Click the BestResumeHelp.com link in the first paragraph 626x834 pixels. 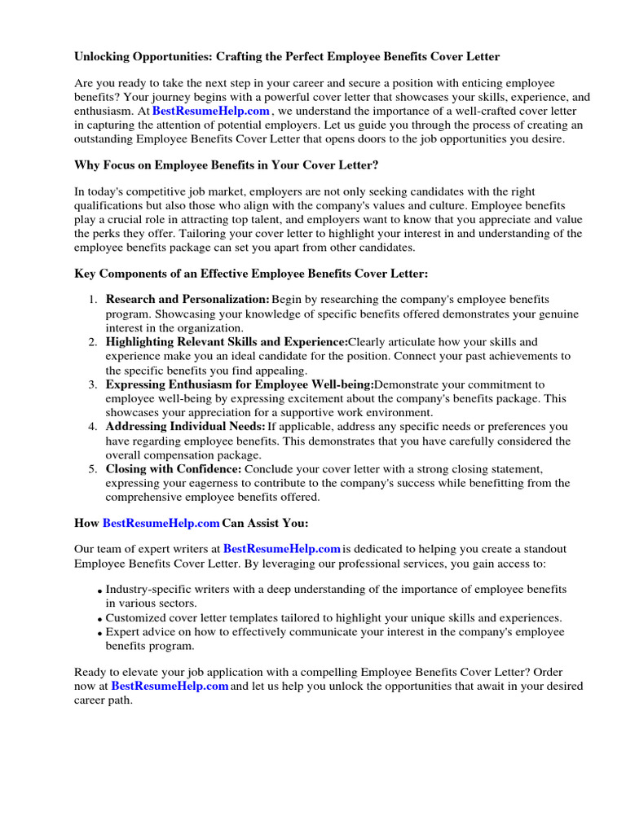click(x=210, y=111)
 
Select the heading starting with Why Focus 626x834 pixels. click(x=227, y=165)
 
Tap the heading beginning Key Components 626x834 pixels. click(x=251, y=274)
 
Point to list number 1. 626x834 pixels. click(x=94, y=301)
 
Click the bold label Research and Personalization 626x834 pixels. click(x=187, y=301)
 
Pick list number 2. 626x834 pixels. click(x=94, y=342)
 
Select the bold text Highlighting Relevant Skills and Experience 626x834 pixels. click(x=227, y=342)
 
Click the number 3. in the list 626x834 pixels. click(x=94, y=384)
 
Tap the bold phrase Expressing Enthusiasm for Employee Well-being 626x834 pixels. click(x=240, y=384)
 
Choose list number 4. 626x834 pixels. click(x=94, y=427)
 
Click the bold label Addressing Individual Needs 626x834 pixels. click(x=185, y=427)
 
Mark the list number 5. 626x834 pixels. click(x=94, y=469)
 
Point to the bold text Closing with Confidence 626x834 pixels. click(x=173, y=469)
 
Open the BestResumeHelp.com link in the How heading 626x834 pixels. click(x=161, y=523)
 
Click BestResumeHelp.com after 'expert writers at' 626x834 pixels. click(x=282, y=550)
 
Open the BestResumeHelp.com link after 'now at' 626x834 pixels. click(x=170, y=687)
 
